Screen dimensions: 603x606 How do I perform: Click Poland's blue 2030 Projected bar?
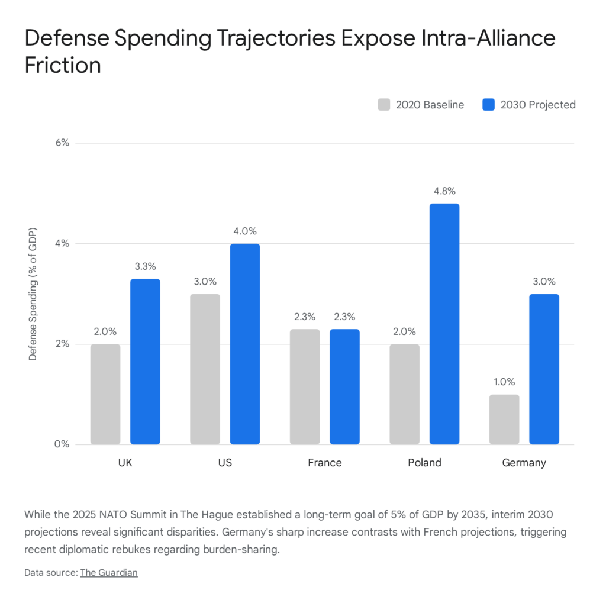coord(444,324)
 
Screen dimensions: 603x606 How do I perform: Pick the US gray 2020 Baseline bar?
coord(205,369)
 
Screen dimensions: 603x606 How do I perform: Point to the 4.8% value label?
coord(444,191)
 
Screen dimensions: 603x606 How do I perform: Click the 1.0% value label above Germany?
coord(504,382)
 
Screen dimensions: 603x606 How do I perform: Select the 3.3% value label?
coord(145,266)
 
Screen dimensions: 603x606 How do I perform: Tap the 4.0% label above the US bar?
coord(244,231)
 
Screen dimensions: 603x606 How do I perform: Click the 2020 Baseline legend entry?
coord(421,105)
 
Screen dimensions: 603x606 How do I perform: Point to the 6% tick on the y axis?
coord(62,143)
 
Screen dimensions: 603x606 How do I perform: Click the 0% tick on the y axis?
coord(62,444)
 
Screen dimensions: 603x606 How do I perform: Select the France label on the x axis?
coord(324,463)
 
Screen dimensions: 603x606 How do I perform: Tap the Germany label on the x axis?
coord(524,463)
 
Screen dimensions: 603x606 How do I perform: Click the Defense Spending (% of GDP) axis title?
coord(33,294)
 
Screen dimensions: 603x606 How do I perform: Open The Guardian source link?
coord(109,572)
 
